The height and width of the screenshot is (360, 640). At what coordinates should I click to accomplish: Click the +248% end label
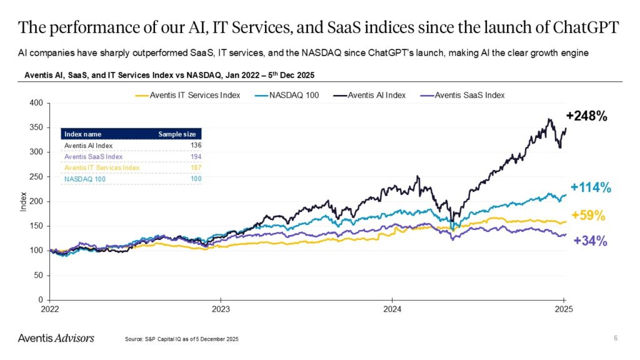pyautogui.click(x=587, y=116)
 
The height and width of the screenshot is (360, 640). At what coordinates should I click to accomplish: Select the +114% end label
pyautogui.click(x=591, y=188)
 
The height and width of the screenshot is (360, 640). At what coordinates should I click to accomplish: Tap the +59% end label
pyautogui.click(x=588, y=216)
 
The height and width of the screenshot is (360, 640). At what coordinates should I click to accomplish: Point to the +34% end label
pyautogui.click(x=590, y=241)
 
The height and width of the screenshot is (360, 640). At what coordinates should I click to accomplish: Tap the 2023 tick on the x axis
pyautogui.click(x=220, y=309)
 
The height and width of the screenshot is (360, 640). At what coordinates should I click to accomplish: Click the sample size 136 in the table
pyautogui.click(x=196, y=145)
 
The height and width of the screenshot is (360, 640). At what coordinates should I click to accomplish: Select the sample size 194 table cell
pyautogui.click(x=196, y=156)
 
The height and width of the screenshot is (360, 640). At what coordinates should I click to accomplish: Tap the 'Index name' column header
pyautogui.click(x=83, y=134)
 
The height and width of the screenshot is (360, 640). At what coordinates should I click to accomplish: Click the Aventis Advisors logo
pyautogui.click(x=56, y=338)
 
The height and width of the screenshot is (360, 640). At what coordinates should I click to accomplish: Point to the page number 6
pyautogui.click(x=616, y=338)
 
